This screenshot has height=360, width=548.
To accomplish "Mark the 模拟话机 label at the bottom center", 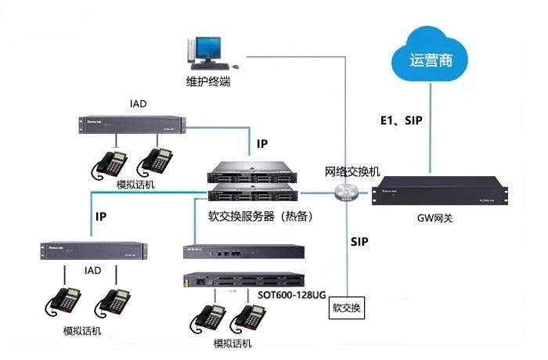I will point(233,344).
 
